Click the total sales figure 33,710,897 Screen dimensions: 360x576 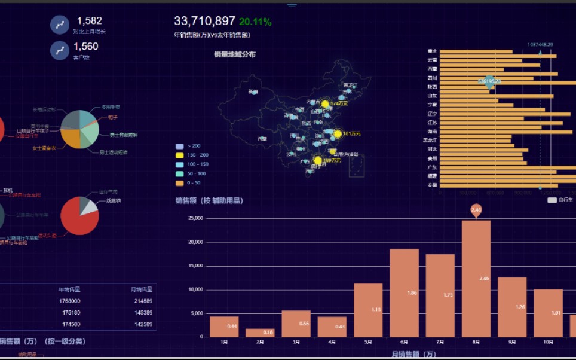point(204,22)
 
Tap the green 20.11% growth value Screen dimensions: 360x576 point(255,22)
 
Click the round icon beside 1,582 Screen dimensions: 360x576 point(60,25)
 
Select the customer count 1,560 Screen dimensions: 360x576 point(86,47)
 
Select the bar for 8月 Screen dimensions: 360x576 point(476,279)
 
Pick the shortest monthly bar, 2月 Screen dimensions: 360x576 point(260,332)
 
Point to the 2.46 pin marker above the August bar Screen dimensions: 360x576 point(476,210)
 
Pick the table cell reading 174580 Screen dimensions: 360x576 point(70,324)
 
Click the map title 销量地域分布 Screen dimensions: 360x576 point(235,54)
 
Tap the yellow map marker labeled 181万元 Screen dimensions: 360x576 point(338,133)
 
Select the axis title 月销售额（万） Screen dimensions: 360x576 point(414,354)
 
